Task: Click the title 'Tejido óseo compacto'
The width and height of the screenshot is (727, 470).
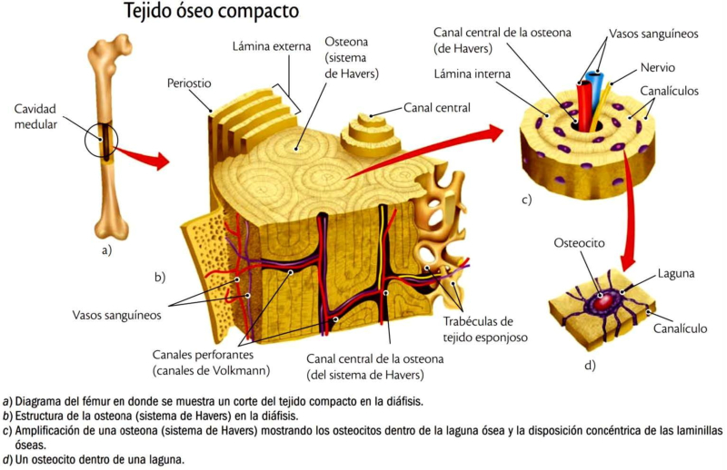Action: coord(210,14)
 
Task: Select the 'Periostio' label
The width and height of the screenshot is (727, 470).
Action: coord(188,83)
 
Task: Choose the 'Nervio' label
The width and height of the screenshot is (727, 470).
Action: coord(657,67)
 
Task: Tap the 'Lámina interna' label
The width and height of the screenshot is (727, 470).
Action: coord(473,73)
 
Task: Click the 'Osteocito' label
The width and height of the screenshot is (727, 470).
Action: coord(579,243)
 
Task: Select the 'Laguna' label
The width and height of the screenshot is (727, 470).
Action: coord(677,272)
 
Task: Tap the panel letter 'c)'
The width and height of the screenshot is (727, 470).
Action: coord(526,198)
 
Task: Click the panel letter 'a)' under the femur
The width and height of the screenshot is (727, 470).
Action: coord(105,250)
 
